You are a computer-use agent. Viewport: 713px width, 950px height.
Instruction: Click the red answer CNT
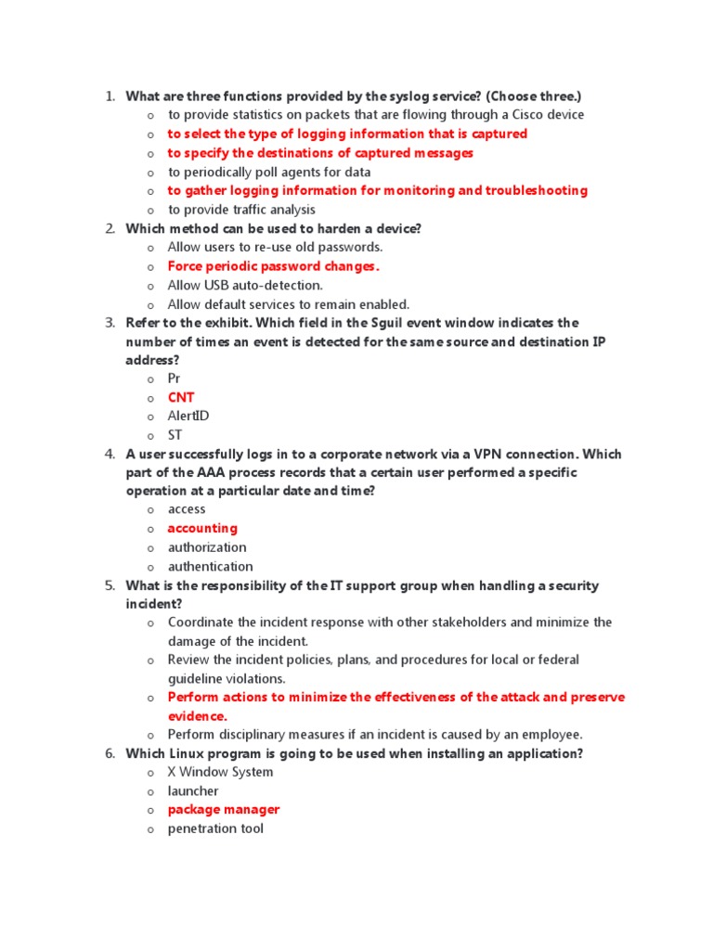[x=181, y=398]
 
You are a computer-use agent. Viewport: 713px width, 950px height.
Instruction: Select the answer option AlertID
[x=188, y=417]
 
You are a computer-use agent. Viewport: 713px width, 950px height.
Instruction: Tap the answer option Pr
[x=175, y=379]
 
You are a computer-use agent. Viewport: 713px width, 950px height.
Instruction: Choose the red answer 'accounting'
[x=202, y=529]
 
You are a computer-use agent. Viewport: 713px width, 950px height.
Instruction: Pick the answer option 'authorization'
[x=207, y=547]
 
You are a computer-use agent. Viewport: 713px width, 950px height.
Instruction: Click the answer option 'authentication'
[x=210, y=567]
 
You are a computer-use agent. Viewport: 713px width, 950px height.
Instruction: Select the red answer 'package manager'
[x=223, y=810]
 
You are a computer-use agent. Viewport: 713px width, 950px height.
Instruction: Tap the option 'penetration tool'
[x=215, y=828]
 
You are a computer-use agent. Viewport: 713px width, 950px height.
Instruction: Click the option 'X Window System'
[x=220, y=772]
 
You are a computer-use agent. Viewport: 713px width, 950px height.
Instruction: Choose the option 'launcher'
[x=193, y=791]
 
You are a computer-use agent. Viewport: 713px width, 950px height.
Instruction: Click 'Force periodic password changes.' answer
[x=274, y=266]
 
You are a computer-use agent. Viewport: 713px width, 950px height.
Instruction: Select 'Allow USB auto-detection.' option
[x=245, y=286]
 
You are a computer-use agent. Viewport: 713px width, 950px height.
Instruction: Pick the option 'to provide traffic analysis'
[x=241, y=210]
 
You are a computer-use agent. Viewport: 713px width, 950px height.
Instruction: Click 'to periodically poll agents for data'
[x=269, y=172]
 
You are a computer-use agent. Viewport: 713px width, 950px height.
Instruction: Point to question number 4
[x=109, y=455]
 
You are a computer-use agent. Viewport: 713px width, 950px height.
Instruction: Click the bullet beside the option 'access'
[x=150, y=510]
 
